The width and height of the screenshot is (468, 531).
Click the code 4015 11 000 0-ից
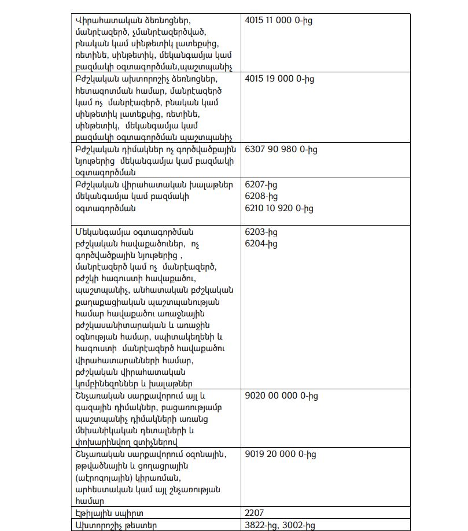[279, 20]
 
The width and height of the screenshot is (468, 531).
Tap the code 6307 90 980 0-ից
[281, 149]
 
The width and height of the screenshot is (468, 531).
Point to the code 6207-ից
[261, 185]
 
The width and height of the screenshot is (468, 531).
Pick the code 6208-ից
[261, 196]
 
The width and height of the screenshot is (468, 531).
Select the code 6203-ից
[261, 231]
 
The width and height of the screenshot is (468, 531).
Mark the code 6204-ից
[261, 243]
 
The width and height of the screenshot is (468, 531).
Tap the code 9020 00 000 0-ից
[281, 396]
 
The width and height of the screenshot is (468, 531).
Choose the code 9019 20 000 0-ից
[281, 454]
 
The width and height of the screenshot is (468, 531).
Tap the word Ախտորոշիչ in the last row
[97, 525]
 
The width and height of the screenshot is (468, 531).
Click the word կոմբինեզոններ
[109, 384]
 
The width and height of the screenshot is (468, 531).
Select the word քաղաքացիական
[106, 301]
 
